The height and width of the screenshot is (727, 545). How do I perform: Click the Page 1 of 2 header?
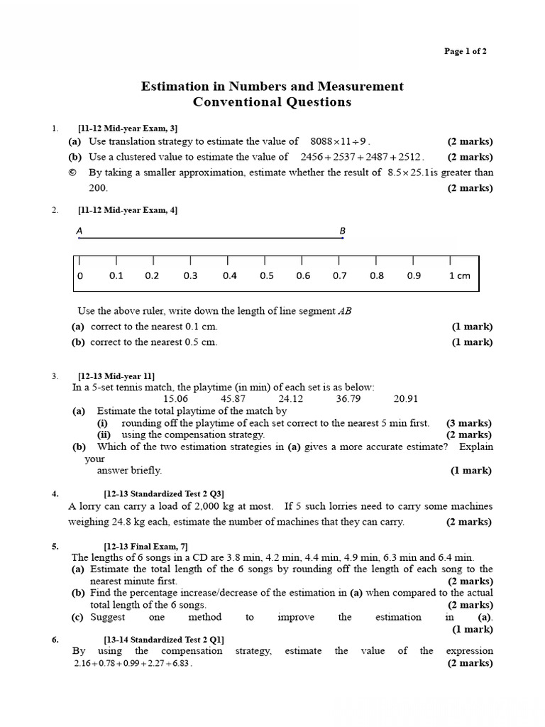(465, 51)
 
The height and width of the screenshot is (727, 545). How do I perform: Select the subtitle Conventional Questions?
(272, 102)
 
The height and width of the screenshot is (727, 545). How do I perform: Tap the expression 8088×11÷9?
(341, 141)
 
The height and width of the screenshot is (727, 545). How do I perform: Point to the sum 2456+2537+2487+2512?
(362, 157)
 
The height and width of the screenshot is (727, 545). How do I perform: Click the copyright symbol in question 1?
(73, 173)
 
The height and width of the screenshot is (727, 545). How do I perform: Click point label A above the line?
(79, 231)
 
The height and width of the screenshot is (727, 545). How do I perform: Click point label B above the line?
(342, 231)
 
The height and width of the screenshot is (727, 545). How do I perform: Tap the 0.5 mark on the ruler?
(266, 275)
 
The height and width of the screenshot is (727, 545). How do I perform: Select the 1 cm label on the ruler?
(459, 275)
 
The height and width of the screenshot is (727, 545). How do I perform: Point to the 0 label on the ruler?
(79, 275)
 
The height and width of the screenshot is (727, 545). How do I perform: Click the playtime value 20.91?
(406, 399)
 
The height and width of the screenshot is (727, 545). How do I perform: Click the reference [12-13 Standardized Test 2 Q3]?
(164, 493)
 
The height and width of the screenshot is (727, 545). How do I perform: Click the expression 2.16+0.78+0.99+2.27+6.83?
(133, 664)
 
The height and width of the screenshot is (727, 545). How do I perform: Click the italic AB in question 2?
(345, 311)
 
